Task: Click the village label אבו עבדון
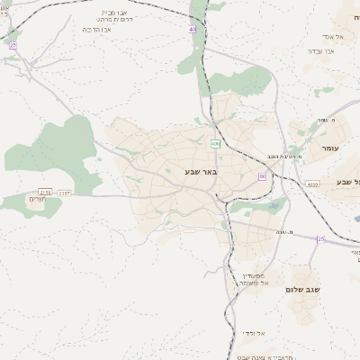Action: click(320, 51)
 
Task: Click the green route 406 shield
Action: click(215, 144)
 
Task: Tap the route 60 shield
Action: click(263, 176)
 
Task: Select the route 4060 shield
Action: click(312, 184)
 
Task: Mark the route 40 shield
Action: click(192, 30)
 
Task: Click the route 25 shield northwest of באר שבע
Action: click(13, 45)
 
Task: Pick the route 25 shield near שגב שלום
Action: click(320, 238)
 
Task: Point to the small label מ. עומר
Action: click(326, 121)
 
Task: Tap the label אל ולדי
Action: click(253, 333)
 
